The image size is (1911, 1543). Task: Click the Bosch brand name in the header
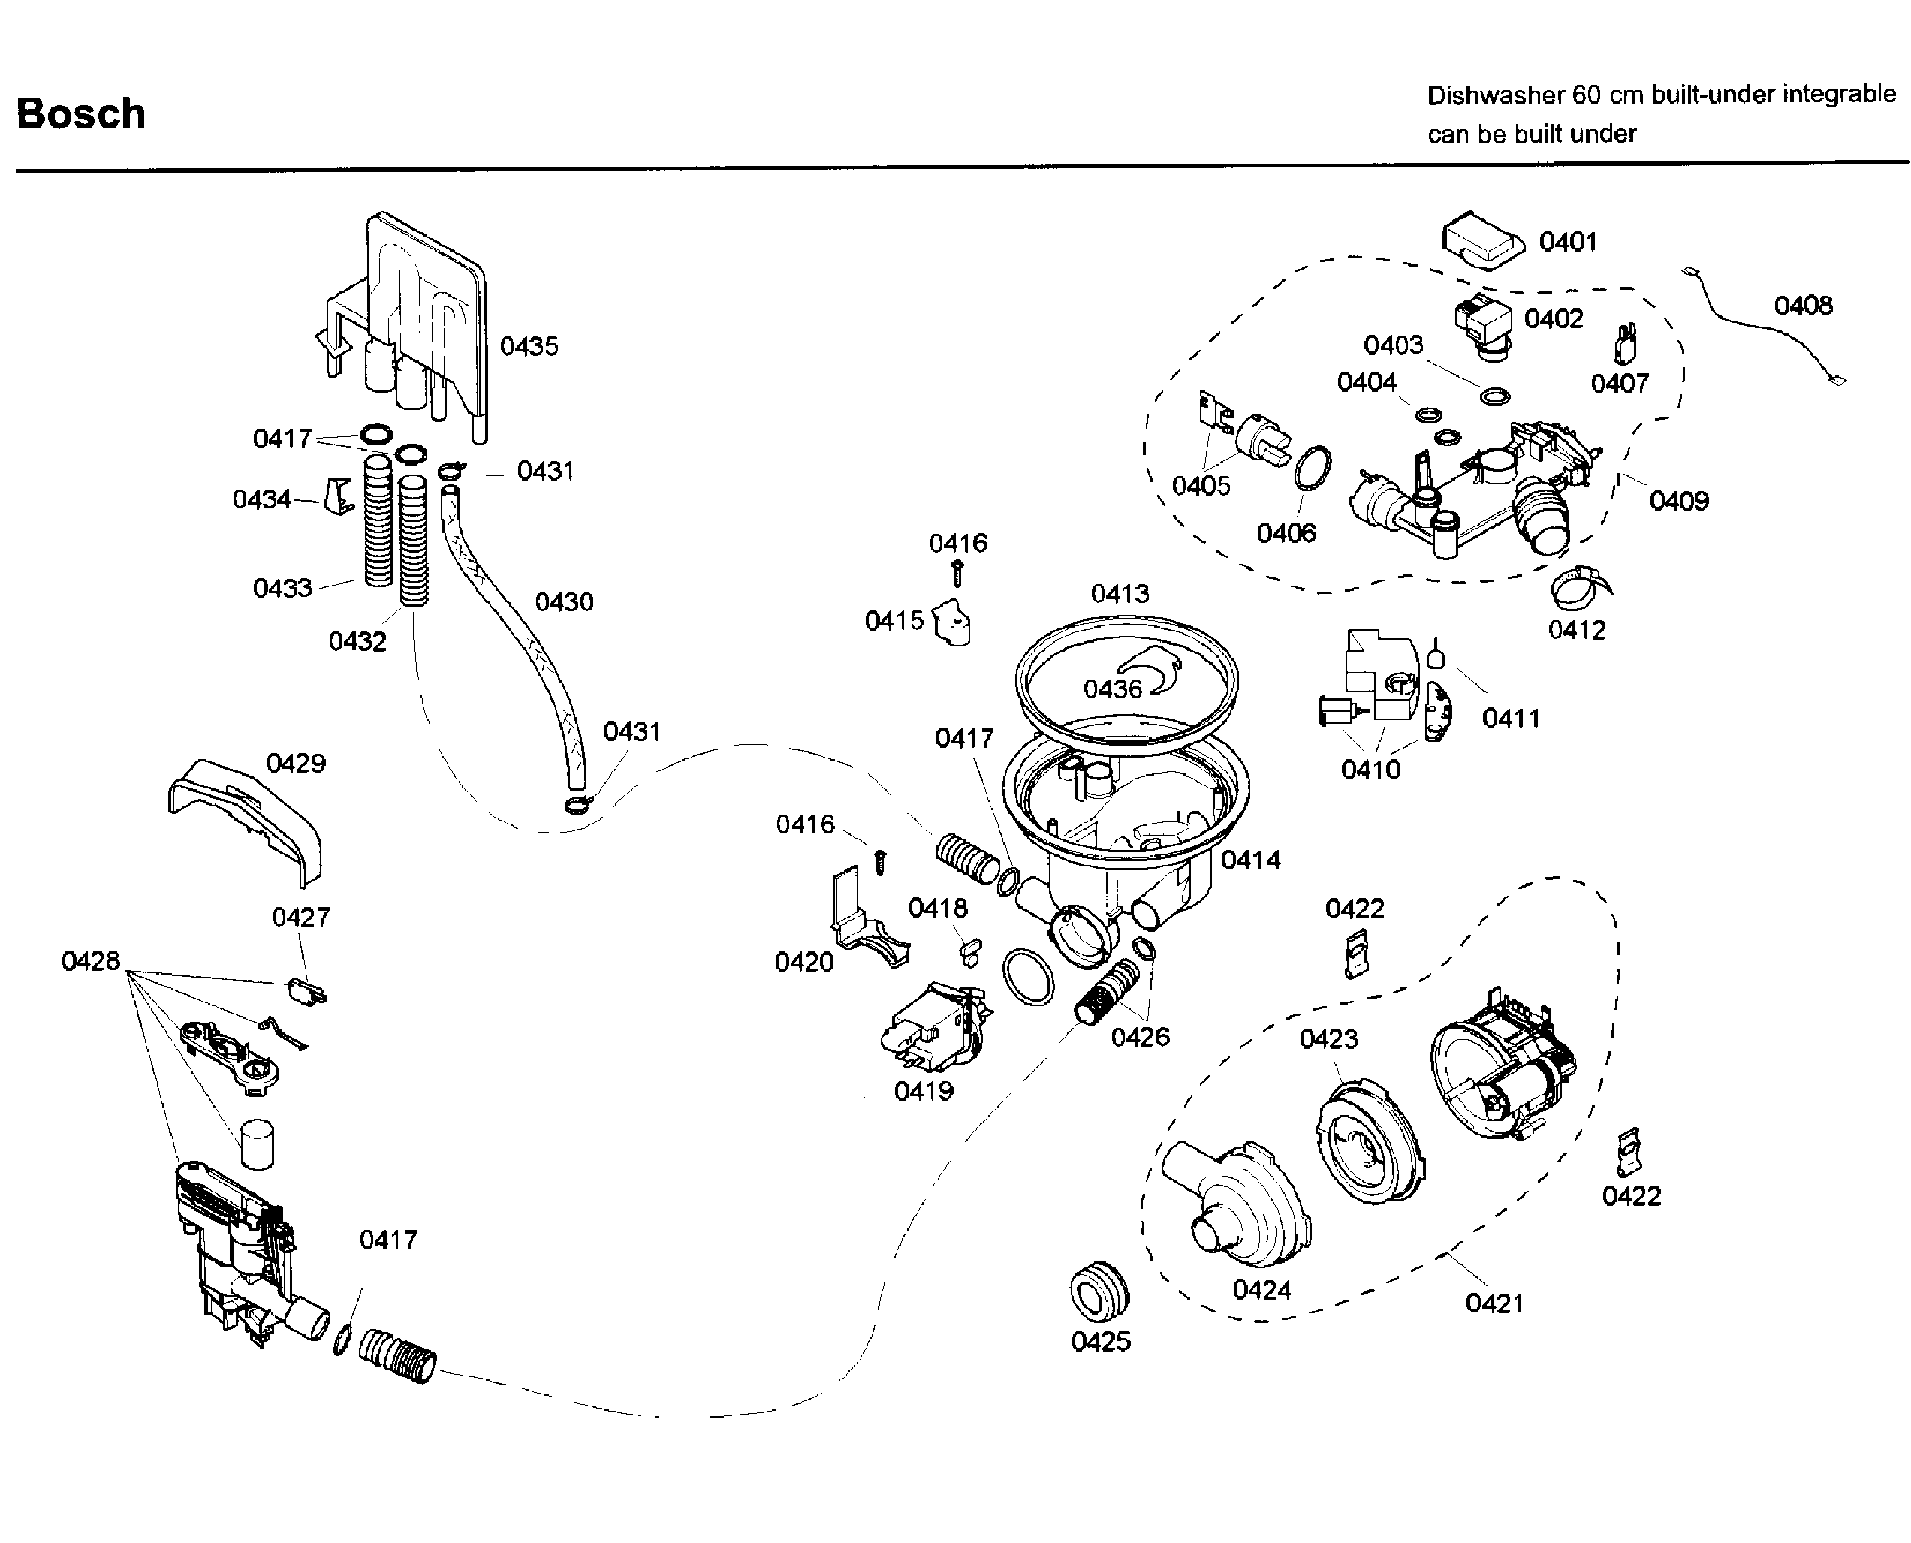click(81, 114)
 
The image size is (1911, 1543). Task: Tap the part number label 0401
click(1568, 242)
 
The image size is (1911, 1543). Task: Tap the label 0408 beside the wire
click(1803, 306)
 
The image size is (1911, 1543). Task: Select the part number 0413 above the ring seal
click(1120, 594)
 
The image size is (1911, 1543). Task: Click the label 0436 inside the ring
click(1112, 689)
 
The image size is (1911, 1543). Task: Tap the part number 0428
click(91, 961)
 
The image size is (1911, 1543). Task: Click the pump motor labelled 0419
click(933, 1031)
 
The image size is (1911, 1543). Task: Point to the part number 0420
click(804, 962)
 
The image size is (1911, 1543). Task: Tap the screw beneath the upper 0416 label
click(958, 571)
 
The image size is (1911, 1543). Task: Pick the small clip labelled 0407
click(1626, 344)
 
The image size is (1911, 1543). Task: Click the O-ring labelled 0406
click(1313, 468)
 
